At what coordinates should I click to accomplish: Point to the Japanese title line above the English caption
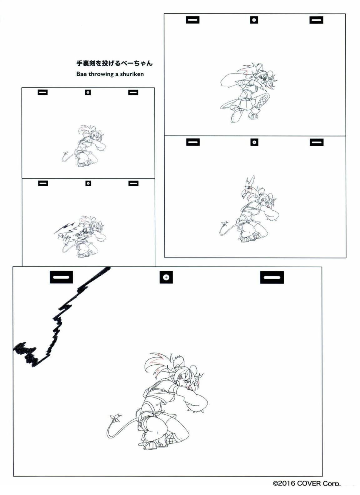click(x=114, y=63)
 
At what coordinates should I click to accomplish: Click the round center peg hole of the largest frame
click(x=166, y=277)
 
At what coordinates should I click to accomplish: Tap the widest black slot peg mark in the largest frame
click(x=272, y=277)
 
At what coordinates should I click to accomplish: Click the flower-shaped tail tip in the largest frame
click(x=116, y=417)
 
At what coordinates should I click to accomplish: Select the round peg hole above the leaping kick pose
click(x=254, y=20)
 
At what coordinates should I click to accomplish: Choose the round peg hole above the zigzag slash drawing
click(x=88, y=183)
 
